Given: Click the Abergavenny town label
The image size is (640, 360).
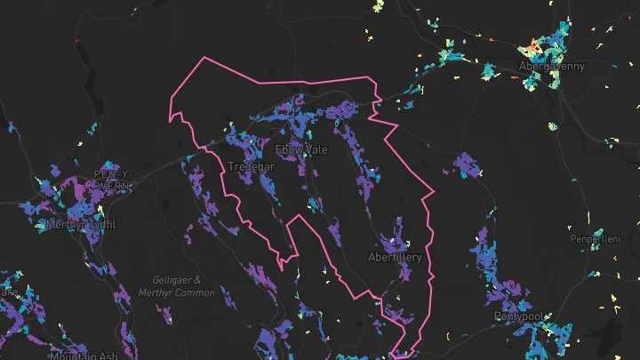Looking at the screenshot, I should coord(551,66).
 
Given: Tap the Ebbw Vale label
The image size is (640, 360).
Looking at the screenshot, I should coord(300,149).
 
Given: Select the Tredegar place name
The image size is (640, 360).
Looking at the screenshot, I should coord(251,166).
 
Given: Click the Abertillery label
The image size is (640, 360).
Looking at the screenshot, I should coord(396,257).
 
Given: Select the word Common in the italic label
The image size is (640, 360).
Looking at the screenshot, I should coord(196,292).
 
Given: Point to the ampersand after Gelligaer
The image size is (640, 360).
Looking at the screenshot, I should coord(197,279).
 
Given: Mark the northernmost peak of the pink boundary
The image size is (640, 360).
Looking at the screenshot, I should coord(205,58).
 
